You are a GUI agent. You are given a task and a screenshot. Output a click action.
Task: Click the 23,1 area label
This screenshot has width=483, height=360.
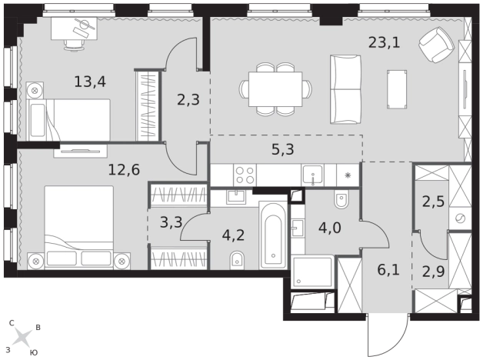click(384, 42)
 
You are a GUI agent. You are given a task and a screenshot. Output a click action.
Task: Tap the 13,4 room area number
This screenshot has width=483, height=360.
click(90, 82)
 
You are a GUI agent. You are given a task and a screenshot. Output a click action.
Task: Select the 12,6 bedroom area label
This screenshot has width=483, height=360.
click(124, 170)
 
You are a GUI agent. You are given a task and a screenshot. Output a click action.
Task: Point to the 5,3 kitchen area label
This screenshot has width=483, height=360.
click(283, 149)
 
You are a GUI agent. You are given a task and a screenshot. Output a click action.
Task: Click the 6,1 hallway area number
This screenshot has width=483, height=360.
click(388, 270)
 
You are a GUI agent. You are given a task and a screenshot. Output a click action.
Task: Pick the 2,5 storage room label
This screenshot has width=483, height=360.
click(433, 202)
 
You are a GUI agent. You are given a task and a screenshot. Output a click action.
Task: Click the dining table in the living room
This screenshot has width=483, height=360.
click(275, 89)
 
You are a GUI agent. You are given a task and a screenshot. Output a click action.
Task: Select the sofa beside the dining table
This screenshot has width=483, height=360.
click(345, 89)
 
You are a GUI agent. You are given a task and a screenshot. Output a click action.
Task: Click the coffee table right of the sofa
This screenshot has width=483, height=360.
click(397, 89)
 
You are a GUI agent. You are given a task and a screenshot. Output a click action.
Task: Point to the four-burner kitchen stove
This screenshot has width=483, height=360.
click(245, 175)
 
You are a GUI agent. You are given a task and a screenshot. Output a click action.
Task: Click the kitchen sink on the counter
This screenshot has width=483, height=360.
click(313, 175)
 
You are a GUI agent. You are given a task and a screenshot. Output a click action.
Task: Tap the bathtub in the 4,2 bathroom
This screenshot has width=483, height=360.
click(273, 235)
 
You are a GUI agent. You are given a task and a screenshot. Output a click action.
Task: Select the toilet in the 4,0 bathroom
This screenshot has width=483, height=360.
click(341, 199)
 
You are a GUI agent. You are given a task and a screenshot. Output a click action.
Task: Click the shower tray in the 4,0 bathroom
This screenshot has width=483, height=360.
click(313, 272)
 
